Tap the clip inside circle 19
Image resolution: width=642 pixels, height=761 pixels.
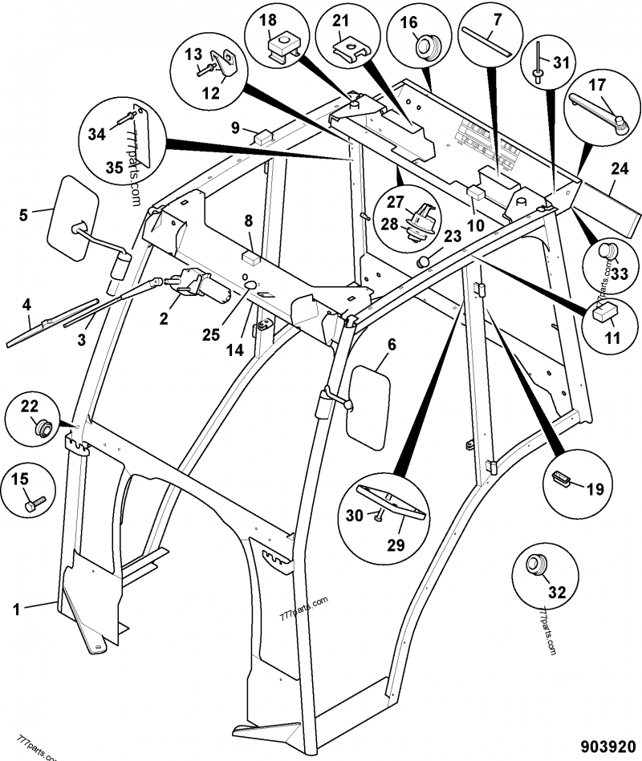pyautogui.click(x=562, y=480)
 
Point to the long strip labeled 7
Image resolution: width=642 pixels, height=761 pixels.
pyautogui.click(x=485, y=43)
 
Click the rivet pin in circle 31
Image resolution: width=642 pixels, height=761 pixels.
pyautogui.click(x=534, y=63)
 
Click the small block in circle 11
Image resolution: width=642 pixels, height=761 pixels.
pyautogui.click(x=604, y=313)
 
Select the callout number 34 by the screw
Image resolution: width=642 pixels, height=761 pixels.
pyautogui.click(x=97, y=134)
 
